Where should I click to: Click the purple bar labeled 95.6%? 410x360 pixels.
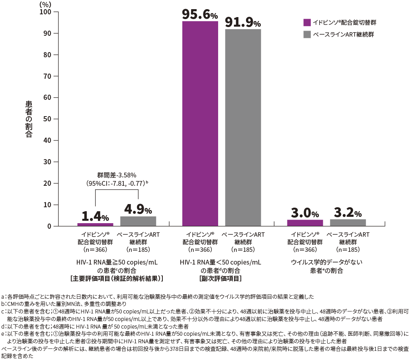200,124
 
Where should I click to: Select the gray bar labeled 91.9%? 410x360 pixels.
243,128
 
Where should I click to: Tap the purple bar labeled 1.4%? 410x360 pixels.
95,224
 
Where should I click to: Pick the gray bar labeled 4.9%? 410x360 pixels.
138,221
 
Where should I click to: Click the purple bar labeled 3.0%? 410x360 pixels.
305,223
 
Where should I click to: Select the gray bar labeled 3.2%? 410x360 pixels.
348,223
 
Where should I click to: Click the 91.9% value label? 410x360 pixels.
243,22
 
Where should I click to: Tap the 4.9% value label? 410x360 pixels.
138,209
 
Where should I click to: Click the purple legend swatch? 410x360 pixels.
307,22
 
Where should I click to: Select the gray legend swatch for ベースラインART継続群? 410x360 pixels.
307,35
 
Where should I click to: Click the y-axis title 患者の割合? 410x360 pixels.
29,119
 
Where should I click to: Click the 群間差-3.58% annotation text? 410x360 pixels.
117,175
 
